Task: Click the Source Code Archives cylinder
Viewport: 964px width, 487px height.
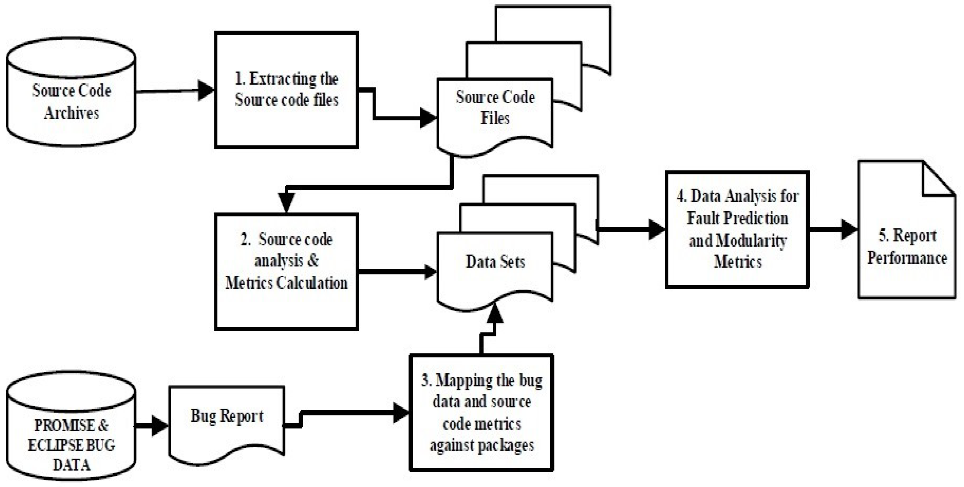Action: [71, 94]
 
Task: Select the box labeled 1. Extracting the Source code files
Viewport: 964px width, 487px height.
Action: [286, 90]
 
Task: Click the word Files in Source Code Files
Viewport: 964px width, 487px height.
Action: [495, 118]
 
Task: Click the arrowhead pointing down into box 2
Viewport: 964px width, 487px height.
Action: [286, 202]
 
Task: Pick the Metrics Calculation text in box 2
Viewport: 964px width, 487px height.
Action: [286, 283]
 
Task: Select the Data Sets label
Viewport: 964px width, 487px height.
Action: [495, 261]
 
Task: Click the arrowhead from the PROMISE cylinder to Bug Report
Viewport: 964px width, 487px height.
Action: [159, 426]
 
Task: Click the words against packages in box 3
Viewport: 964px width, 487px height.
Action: [481, 445]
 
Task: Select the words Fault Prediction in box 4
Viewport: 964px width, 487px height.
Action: [737, 218]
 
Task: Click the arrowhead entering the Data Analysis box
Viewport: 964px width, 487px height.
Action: [657, 229]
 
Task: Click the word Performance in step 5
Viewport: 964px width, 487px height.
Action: [907, 258]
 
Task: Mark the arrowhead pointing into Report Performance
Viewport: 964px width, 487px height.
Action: [849, 229]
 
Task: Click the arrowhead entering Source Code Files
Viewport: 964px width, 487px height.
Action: [428, 118]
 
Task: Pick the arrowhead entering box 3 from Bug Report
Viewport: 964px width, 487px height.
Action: [401, 413]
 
